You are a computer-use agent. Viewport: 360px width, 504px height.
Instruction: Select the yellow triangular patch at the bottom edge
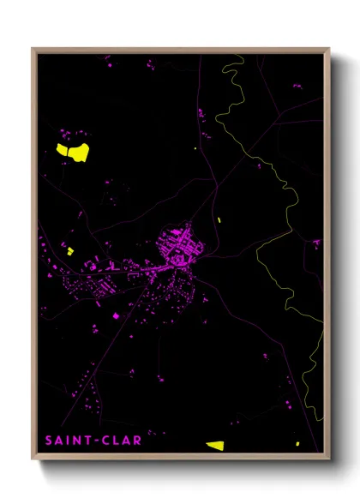pyautogui.click(x=214, y=445)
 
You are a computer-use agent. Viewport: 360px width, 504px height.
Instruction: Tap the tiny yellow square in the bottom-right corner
pyautogui.click(x=297, y=443)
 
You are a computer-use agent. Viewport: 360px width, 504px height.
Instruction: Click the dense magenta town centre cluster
pyautogui.click(x=182, y=246)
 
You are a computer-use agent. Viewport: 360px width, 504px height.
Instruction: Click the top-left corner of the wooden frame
pyautogui.click(x=33, y=49)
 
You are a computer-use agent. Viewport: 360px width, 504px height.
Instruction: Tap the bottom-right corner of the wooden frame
pyautogui.click(x=329, y=459)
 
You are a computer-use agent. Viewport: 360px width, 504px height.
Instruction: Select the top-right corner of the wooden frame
pyautogui.click(x=329, y=49)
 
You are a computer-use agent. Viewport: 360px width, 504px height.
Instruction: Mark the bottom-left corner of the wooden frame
pyautogui.click(x=33, y=459)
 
